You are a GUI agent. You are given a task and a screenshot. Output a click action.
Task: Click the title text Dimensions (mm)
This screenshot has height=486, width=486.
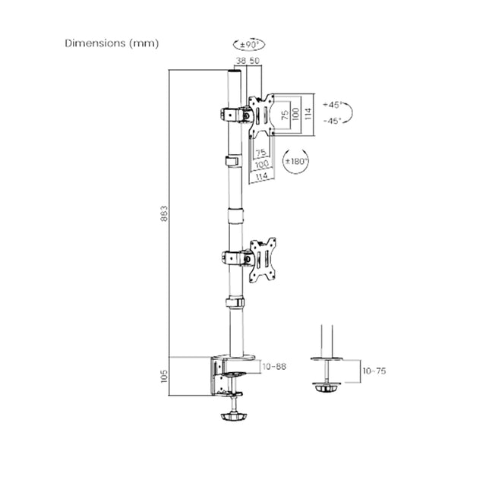pos(111,43)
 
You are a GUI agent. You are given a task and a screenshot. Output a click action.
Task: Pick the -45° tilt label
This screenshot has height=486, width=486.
pos(332,120)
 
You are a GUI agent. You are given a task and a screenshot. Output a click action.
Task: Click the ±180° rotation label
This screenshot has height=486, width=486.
pos(294,162)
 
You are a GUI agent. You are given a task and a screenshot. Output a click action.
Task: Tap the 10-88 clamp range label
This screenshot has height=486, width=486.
pos(275,367)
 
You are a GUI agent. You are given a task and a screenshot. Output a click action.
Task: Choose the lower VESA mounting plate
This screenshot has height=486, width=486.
pos(263,257)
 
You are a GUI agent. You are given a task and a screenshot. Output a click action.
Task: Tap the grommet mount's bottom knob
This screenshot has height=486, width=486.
pos(327,388)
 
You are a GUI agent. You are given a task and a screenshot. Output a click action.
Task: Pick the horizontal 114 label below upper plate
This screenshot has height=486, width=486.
pos(262,177)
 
